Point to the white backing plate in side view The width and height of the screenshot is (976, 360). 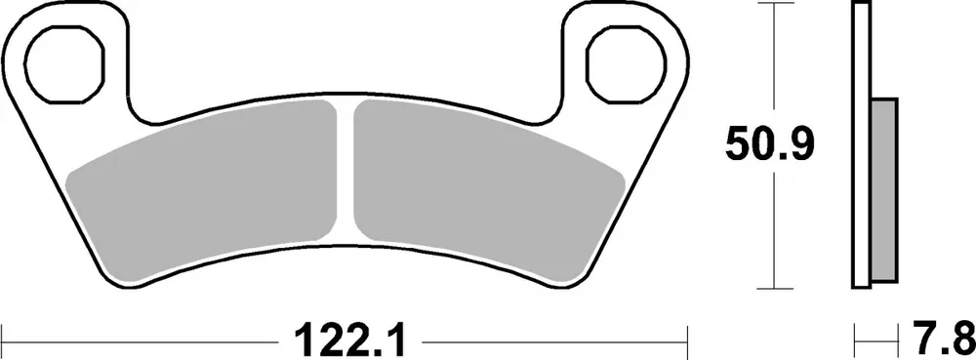860,59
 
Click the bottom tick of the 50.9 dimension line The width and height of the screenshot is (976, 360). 774,288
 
